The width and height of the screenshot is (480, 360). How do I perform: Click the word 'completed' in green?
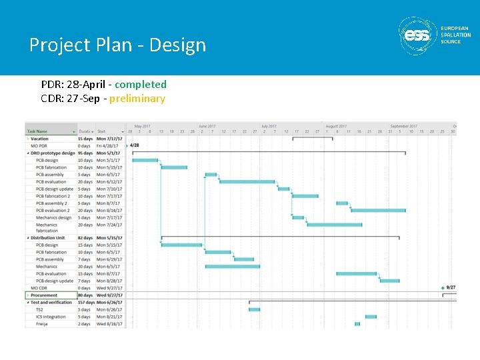pyautogui.click(x=141, y=85)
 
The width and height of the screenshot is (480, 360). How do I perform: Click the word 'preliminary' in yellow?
pyautogui.click(x=137, y=99)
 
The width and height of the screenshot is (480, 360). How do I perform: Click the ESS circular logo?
pyautogui.click(x=417, y=36)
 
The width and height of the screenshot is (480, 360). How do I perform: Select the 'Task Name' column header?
pyautogui.click(x=38, y=131)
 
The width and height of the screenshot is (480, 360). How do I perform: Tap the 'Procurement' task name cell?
pyautogui.click(x=44, y=295)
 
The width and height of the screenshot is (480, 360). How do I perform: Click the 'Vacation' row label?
pyautogui.click(x=40, y=139)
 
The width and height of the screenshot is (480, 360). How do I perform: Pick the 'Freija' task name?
pyautogui.click(x=42, y=324)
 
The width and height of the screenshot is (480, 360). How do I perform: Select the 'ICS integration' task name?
pyautogui.click(x=51, y=317)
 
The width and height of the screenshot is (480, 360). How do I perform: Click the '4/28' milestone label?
pyautogui.click(x=134, y=145)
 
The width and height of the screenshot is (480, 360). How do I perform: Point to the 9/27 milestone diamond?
pyautogui.click(x=443, y=288)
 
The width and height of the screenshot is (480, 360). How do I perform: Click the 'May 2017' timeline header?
pyautogui.click(x=142, y=126)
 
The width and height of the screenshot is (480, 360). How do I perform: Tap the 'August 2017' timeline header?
pyautogui.click(x=336, y=126)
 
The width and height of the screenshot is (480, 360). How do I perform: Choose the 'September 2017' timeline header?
pyautogui.click(x=404, y=126)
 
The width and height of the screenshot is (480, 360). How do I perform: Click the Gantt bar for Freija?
pyautogui.click(x=357, y=324)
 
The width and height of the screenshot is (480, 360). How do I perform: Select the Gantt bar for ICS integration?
pyautogui.click(x=371, y=317)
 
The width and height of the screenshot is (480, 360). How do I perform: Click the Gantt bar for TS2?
pyautogui.click(x=254, y=309)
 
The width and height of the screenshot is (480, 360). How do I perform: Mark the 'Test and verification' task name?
pyautogui.click(x=51, y=303)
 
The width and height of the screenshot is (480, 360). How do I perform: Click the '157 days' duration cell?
pyautogui.click(x=86, y=303)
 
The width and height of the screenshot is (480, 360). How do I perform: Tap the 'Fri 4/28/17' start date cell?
pyautogui.click(x=107, y=146)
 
